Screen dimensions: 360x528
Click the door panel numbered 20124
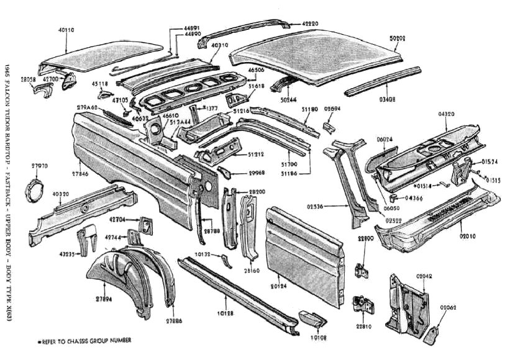[304, 248]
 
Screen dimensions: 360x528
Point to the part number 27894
[104, 299]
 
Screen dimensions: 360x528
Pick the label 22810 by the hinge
[363, 326]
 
